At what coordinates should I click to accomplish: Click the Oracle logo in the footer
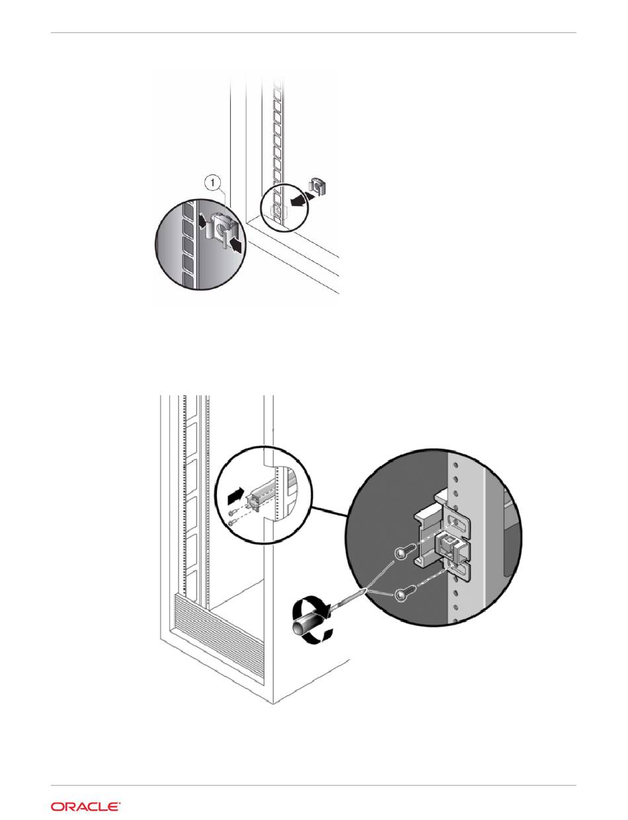[x=85, y=806]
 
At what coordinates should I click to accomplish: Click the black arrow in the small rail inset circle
[x=235, y=494]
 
